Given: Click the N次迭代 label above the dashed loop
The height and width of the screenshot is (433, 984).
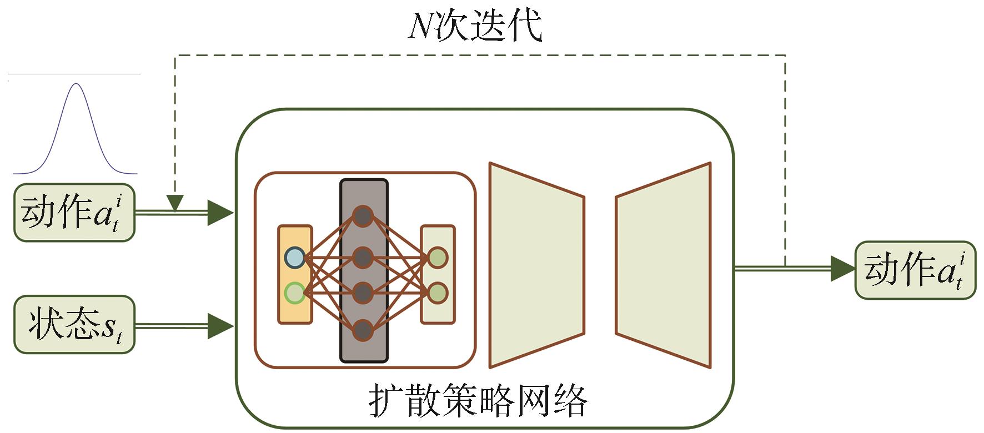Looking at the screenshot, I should pyautogui.click(x=475, y=26).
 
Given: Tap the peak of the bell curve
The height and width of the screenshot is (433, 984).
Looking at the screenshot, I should pyautogui.click(x=77, y=84).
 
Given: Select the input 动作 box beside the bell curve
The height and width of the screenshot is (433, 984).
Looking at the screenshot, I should pyautogui.click(x=74, y=213).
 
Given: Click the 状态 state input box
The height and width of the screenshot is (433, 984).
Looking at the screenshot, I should pyautogui.click(x=74, y=325).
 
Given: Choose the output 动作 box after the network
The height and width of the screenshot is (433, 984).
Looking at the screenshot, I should pyautogui.click(x=915, y=270).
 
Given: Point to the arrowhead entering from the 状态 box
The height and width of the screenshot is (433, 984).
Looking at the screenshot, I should pyautogui.click(x=221, y=325).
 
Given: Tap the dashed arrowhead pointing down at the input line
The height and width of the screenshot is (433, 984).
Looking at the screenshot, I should pyautogui.click(x=175, y=203).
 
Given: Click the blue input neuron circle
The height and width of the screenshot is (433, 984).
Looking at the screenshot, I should pyautogui.click(x=294, y=258).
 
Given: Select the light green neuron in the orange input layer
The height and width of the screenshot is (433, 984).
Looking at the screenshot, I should pyautogui.click(x=294, y=293).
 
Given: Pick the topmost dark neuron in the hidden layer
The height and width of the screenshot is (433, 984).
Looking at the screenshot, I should pyautogui.click(x=363, y=216).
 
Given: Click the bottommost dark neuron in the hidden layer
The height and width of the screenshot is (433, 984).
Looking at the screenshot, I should pyautogui.click(x=363, y=330).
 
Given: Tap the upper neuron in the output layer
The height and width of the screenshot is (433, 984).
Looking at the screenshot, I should pyautogui.click(x=438, y=257).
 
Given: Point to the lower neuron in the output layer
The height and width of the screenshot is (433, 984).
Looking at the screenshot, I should pyautogui.click(x=438, y=293).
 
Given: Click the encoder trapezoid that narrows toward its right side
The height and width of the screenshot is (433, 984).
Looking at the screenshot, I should pyautogui.click(x=536, y=265).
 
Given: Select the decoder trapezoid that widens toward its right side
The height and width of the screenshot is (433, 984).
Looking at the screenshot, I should pyautogui.click(x=664, y=265).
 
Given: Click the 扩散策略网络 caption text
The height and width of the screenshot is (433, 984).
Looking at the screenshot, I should pyautogui.click(x=478, y=401).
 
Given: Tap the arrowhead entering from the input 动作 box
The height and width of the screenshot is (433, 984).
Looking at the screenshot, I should pyautogui.click(x=220, y=213).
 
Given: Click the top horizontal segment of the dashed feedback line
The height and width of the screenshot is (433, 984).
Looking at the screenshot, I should pyautogui.click(x=478, y=55).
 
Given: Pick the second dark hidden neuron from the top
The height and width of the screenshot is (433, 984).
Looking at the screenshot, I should pyautogui.click(x=363, y=257).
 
